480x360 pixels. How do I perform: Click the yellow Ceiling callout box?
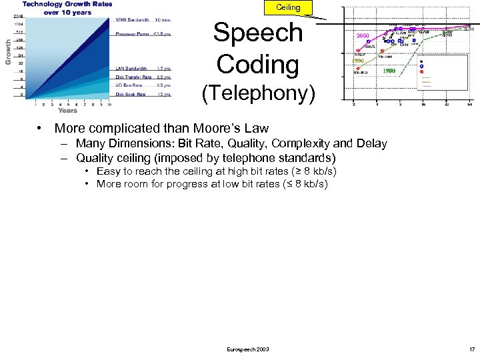click(x=288, y=7)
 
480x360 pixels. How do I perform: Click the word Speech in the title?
click(x=257, y=33)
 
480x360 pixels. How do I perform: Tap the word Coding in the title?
click(x=257, y=64)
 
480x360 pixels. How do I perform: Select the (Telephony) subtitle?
click(x=258, y=93)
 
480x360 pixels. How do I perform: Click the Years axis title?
click(x=67, y=111)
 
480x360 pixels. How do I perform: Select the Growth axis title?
click(x=8, y=51)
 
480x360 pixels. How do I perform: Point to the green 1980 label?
click(x=388, y=71)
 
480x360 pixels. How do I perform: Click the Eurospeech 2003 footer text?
click(x=248, y=349)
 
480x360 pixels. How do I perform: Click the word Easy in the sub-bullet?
click(x=108, y=171)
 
